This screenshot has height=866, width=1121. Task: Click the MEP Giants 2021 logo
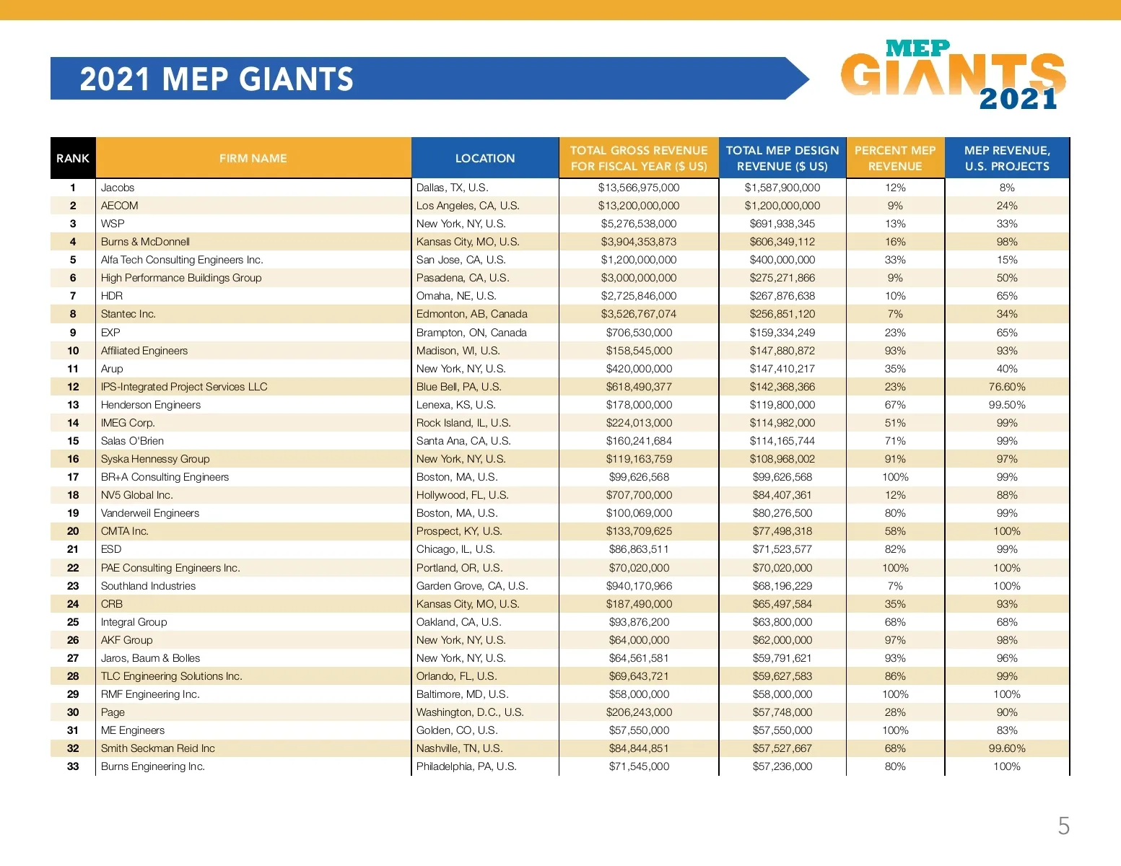coord(953,76)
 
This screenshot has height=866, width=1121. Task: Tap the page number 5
coord(1063,826)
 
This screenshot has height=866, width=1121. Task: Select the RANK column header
coord(73,158)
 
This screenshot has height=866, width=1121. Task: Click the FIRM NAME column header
coord(253,158)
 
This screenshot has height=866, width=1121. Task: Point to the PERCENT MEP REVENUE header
coord(895,158)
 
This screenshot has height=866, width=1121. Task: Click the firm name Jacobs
coord(118,188)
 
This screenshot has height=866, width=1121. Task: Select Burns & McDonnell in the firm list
coord(145,242)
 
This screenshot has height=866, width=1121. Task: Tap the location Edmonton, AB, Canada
coord(471,314)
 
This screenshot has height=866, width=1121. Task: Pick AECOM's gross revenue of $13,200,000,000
coord(639,206)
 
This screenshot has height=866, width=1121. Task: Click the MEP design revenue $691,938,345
coord(782,224)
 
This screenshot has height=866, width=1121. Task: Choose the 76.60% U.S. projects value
coord(1007,387)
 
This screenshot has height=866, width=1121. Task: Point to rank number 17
coord(73,477)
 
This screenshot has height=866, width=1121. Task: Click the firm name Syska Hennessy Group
coord(155,459)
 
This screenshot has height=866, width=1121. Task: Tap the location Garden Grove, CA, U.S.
coord(472,586)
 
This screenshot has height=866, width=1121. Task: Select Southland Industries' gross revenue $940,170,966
coord(639,586)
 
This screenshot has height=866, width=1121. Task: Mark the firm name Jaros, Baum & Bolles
coord(150,658)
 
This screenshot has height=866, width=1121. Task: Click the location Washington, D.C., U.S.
coord(470,712)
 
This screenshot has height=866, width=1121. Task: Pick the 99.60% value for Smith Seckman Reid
coord(1007,748)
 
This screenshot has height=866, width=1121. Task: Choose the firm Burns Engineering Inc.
coord(153,766)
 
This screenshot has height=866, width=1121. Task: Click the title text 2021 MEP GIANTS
coord(217,79)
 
